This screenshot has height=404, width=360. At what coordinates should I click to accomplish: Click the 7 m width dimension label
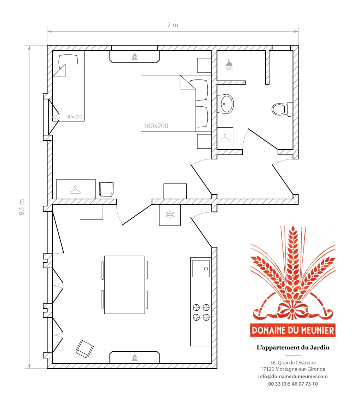pyautogui.click(x=173, y=25)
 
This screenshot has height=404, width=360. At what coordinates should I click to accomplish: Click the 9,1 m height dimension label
pyautogui.click(x=22, y=207)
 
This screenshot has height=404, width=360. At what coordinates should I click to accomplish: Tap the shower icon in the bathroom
pyautogui.click(x=229, y=64)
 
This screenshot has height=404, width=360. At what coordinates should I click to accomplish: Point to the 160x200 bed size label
pyautogui.click(x=156, y=126)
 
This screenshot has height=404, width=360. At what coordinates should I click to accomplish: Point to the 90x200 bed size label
pyautogui.click(x=74, y=117)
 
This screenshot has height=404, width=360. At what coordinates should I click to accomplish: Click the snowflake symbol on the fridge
pyautogui.click(x=170, y=214)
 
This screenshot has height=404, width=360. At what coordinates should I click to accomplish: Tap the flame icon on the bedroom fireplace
pyautogui.click(x=134, y=57)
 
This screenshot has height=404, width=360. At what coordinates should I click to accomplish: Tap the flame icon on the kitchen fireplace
pyautogui.click(x=134, y=358)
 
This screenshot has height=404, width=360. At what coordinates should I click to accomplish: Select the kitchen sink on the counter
pyautogui.click(x=201, y=269)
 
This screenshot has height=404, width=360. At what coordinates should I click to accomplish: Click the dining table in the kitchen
pyautogui.click(x=124, y=285)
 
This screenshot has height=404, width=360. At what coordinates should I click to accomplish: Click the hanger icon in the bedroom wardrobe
pyautogui.click(x=75, y=190)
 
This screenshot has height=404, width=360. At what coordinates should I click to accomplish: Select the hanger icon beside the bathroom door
pyautogui.click(x=225, y=138)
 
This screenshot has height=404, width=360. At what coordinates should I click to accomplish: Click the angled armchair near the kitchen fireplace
pyautogui.click(x=85, y=349)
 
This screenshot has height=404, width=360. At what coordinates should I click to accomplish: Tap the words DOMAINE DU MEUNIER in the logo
pyautogui.click(x=293, y=330)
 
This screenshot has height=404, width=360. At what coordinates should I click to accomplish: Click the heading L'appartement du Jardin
pyautogui.click(x=293, y=347)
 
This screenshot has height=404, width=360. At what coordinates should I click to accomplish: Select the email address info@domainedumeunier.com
pyautogui.click(x=293, y=376)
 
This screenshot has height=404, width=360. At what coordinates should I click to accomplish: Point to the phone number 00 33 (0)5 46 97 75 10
pyautogui.click(x=293, y=384)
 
